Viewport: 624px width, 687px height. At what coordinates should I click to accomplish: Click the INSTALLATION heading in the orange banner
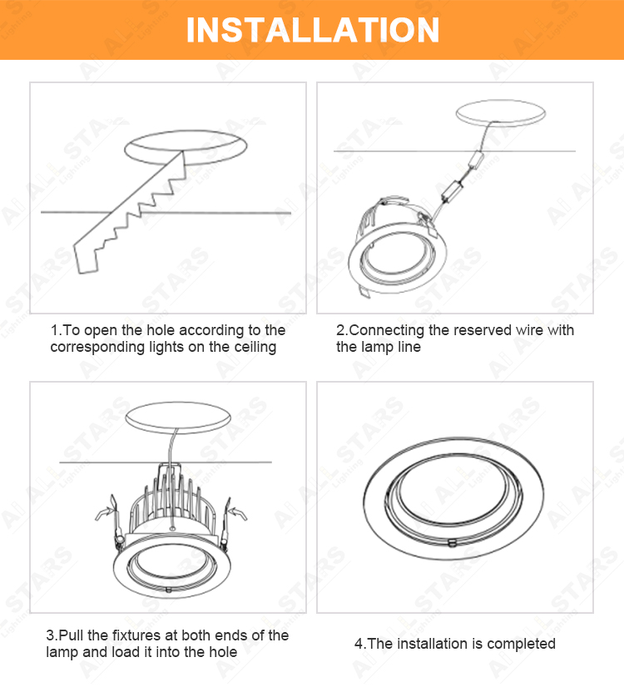point(313,30)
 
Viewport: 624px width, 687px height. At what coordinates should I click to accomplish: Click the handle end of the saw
point(86,258)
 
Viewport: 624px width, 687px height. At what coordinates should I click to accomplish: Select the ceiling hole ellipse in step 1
point(186,148)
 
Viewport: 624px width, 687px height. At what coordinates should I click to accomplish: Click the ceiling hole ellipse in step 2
point(500,112)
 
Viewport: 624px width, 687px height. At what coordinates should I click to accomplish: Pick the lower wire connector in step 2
point(453,190)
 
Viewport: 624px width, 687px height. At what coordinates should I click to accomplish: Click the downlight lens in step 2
point(399,256)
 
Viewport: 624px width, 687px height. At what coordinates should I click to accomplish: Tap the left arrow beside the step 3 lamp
point(105,512)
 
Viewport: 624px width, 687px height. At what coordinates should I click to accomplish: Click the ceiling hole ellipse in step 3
point(178,418)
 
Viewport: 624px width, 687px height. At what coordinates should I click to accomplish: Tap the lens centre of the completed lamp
point(453,491)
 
